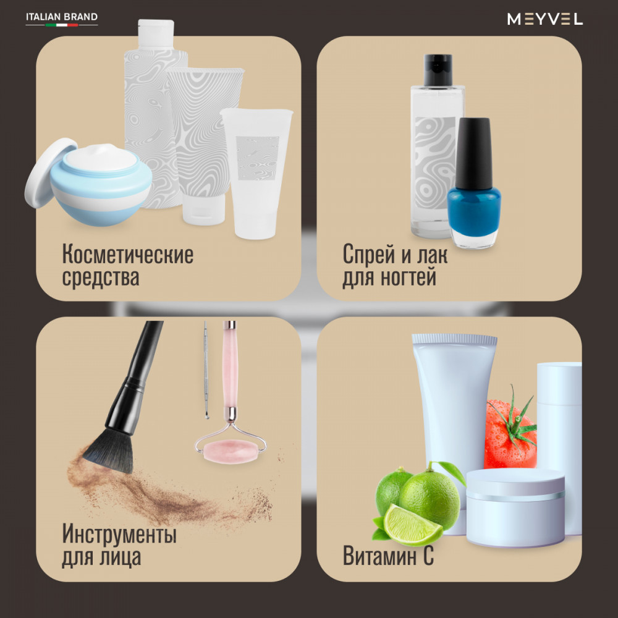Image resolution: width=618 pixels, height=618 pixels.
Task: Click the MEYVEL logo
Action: [544, 19]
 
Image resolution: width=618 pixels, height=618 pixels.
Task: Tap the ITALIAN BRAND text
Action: [62, 17]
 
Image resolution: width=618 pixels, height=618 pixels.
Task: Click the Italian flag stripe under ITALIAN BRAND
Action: [62, 25]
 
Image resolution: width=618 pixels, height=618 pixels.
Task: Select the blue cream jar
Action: [101, 185]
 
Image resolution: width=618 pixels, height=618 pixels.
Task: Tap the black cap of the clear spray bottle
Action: [438, 70]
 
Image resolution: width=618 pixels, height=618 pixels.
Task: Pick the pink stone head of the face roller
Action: [230, 452]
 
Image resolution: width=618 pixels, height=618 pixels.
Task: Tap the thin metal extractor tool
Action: [206, 370]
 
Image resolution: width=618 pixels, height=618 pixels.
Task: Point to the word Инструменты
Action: [119, 534]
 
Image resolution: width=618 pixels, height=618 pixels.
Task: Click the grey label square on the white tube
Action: [258, 158]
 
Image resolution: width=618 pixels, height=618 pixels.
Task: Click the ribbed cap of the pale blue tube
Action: [454, 340]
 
